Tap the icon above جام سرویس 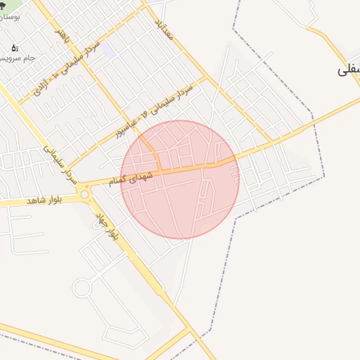[15, 48]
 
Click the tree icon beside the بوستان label [4, 6]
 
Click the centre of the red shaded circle [180, 180]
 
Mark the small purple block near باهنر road [108, 51]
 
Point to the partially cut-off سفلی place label [349, 70]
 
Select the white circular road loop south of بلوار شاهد [82, 288]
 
